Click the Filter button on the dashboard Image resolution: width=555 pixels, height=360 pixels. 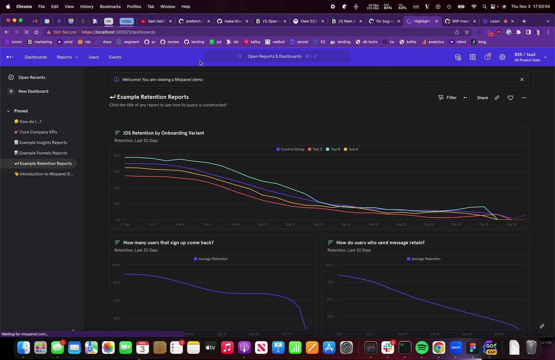447,98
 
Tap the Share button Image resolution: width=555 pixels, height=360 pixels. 482,98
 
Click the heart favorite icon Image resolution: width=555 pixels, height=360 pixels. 510,98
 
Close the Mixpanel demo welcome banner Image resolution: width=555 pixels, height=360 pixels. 522,80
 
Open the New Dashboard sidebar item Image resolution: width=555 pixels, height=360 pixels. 33,91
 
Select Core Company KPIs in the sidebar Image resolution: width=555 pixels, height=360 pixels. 38,132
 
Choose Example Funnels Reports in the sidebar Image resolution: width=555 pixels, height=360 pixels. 43,153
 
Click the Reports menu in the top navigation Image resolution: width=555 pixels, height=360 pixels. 67,57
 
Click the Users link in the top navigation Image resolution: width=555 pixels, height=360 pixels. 94,57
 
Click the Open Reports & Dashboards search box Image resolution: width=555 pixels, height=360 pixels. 276,56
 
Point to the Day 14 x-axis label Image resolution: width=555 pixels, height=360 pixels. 318,224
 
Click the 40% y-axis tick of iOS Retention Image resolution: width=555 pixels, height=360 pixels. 117,156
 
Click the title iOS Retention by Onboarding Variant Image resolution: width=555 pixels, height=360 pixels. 163,133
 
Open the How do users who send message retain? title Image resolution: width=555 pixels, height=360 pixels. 380,243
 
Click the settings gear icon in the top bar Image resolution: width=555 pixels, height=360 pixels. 502,57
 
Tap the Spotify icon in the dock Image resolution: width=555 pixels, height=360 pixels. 421,347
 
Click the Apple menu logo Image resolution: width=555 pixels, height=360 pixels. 8,6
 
